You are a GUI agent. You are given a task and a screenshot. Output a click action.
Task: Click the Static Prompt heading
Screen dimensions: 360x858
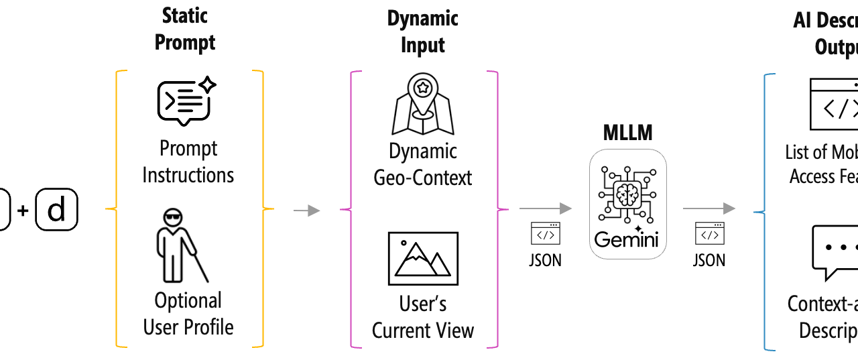[185, 29]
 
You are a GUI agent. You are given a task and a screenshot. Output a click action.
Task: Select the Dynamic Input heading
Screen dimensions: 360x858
[423, 32]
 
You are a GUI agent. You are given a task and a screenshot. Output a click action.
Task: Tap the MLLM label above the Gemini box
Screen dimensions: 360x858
[627, 132]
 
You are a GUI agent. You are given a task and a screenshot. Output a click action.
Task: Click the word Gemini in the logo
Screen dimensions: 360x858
[627, 239]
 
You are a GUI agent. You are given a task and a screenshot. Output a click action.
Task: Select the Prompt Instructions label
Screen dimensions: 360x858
[188, 162]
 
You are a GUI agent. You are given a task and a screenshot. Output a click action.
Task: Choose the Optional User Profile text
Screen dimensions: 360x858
[188, 314]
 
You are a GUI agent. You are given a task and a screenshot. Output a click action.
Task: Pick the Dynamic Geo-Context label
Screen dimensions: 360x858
[423, 164]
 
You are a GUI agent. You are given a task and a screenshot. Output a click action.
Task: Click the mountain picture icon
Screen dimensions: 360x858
[423, 259]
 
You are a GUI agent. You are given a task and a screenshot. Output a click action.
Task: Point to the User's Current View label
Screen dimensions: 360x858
[423, 317]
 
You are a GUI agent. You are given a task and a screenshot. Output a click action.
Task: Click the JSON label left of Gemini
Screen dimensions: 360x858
[545, 259]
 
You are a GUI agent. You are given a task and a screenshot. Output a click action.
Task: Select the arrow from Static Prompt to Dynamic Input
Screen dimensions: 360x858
[306, 211]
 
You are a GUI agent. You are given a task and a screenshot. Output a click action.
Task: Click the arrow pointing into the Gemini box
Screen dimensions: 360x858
[545, 209]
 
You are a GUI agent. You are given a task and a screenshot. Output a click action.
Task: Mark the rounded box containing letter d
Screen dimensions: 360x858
[56, 210]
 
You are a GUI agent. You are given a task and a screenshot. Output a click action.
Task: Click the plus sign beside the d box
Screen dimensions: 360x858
[23, 211]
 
